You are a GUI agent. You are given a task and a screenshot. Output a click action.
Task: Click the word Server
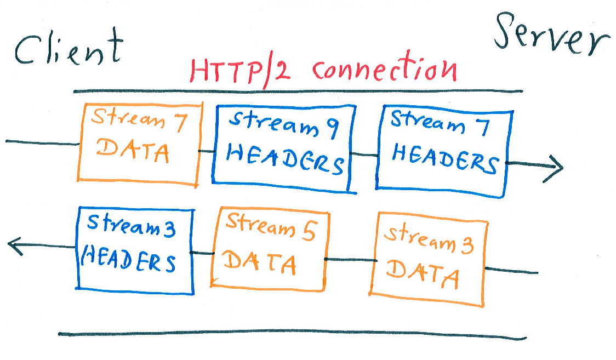click(551, 34)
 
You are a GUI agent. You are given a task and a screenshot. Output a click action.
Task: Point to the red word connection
click(384, 70)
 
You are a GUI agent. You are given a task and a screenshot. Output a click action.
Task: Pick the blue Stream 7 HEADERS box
click(444, 153)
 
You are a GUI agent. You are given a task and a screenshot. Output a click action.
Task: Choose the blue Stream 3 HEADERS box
click(135, 250)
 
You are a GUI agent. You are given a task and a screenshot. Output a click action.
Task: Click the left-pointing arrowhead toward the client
click(16, 247)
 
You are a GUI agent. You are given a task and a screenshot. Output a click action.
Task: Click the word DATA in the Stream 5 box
click(261, 264)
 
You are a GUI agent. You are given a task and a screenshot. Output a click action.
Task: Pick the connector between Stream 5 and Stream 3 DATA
click(349, 260)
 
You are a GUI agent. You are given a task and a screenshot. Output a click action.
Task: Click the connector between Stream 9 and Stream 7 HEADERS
click(364, 155)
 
